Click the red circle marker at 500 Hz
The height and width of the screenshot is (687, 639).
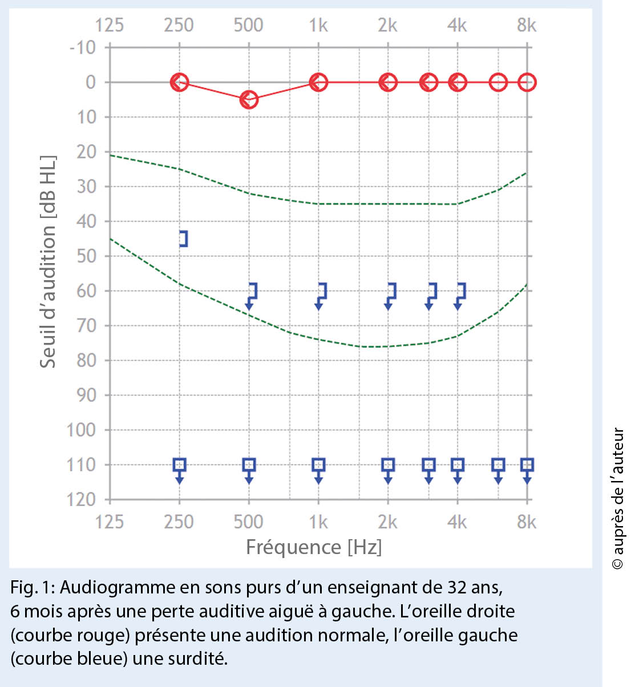click(249, 100)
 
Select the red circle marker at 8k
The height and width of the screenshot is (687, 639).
click(527, 82)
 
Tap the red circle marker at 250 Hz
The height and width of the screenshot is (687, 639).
click(179, 82)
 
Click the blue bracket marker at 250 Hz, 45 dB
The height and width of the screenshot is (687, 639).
click(183, 239)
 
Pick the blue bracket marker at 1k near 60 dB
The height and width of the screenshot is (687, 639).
click(322, 292)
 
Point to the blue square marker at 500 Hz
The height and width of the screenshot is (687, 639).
click(249, 464)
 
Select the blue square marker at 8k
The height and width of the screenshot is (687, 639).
click(527, 464)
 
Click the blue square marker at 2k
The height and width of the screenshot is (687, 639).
click(388, 464)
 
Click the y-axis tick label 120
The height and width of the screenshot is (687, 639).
click(81, 499)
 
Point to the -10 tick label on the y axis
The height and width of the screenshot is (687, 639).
click(83, 47)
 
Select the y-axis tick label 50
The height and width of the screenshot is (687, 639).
click(86, 256)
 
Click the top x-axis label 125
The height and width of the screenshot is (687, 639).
click(109, 25)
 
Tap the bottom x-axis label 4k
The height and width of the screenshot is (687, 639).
click(457, 522)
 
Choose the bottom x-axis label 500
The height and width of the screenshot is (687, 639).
click(249, 522)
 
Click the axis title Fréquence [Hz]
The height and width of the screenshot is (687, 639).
click(314, 547)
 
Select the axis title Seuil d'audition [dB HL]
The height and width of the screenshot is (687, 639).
click(48, 261)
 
